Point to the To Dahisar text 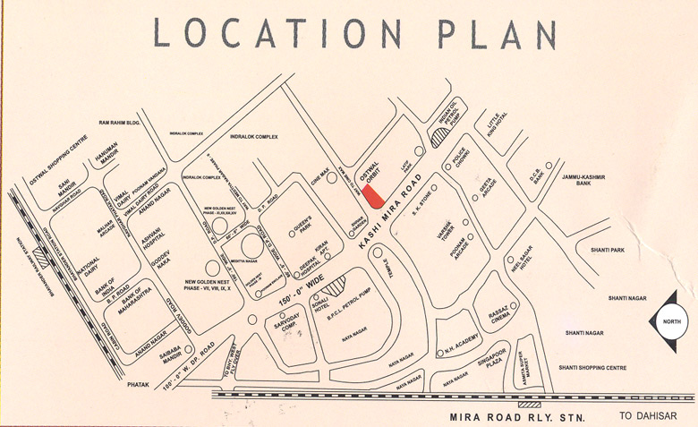coord(648,415)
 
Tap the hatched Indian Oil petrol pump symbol coord(441,136)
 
